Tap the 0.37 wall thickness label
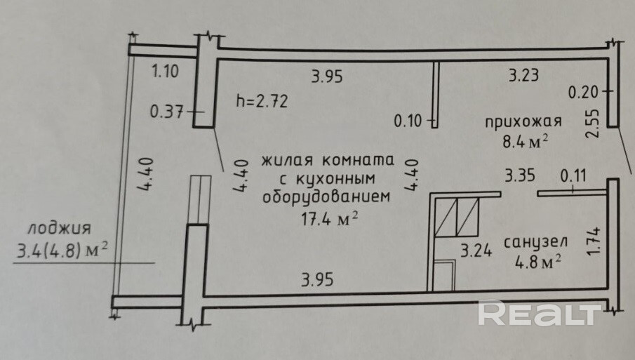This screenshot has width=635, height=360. [167, 110]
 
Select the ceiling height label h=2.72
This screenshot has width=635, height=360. [262, 100]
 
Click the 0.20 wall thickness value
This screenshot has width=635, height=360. [584, 91]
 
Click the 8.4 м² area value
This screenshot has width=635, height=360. [525, 142]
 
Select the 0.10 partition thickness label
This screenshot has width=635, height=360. [409, 121]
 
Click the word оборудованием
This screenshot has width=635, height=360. [325, 197]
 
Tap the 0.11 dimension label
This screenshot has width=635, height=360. [573, 174]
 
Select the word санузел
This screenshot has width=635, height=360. [535, 242]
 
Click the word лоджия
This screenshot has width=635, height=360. [60, 229]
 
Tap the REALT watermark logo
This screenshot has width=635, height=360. [540, 313]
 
